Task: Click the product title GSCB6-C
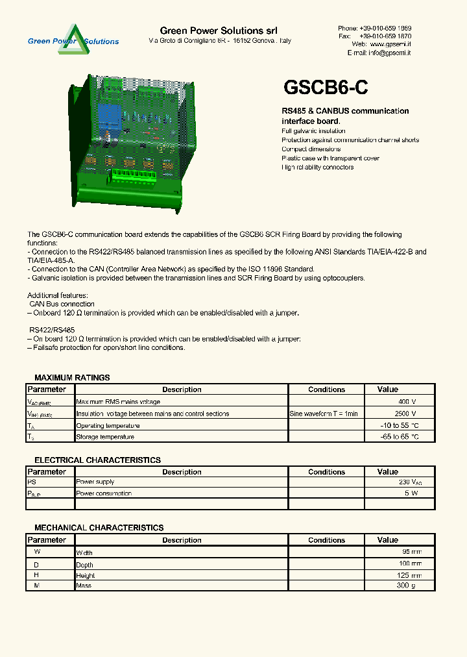[x=326, y=88]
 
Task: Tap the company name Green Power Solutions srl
[x=219, y=31]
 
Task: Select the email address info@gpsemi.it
[x=389, y=53]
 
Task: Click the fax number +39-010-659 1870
[x=385, y=36]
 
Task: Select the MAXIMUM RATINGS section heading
[x=72, y=377]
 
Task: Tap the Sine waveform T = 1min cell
[x=324, y=414]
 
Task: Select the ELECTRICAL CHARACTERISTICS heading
[x=97, y=460]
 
